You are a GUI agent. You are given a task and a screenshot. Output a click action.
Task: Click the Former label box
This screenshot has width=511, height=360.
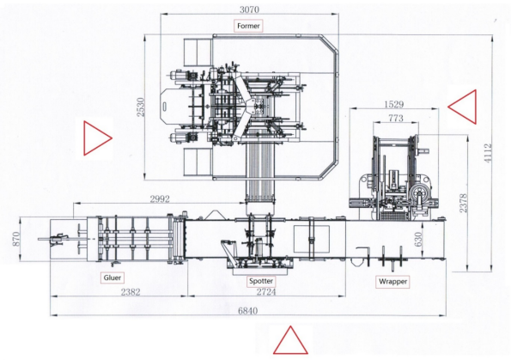[x=248, y=26]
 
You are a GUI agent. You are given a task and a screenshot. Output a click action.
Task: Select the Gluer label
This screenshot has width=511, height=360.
[x=113, y=278]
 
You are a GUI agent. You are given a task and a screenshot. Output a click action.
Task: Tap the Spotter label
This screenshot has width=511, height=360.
[x=261, y=281]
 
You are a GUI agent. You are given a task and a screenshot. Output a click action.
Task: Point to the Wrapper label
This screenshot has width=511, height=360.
[x=392, y=282]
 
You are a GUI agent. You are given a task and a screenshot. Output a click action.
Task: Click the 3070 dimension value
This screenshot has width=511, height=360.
[x=249, y=9]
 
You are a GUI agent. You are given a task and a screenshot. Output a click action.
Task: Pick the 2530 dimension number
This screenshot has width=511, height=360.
[x=140, y=107]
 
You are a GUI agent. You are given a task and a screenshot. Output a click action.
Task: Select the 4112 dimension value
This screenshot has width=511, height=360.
[x=488, y=153]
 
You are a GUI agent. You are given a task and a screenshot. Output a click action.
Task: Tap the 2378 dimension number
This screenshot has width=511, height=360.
[x=463, y=203]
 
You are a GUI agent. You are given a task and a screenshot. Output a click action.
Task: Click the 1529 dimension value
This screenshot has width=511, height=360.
[x=393, y=104]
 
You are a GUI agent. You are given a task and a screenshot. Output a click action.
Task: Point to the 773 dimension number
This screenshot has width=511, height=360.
[x=396, y=118]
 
